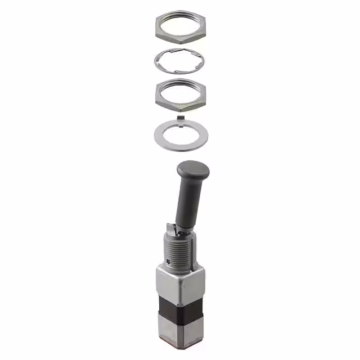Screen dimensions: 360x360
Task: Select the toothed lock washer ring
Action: point(159,60)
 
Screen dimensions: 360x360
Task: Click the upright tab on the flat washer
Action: point(181,117)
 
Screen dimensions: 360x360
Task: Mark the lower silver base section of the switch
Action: point(179,335)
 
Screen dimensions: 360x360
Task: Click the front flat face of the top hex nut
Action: point(179,37)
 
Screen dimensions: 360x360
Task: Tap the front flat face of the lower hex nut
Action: point(179,105)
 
